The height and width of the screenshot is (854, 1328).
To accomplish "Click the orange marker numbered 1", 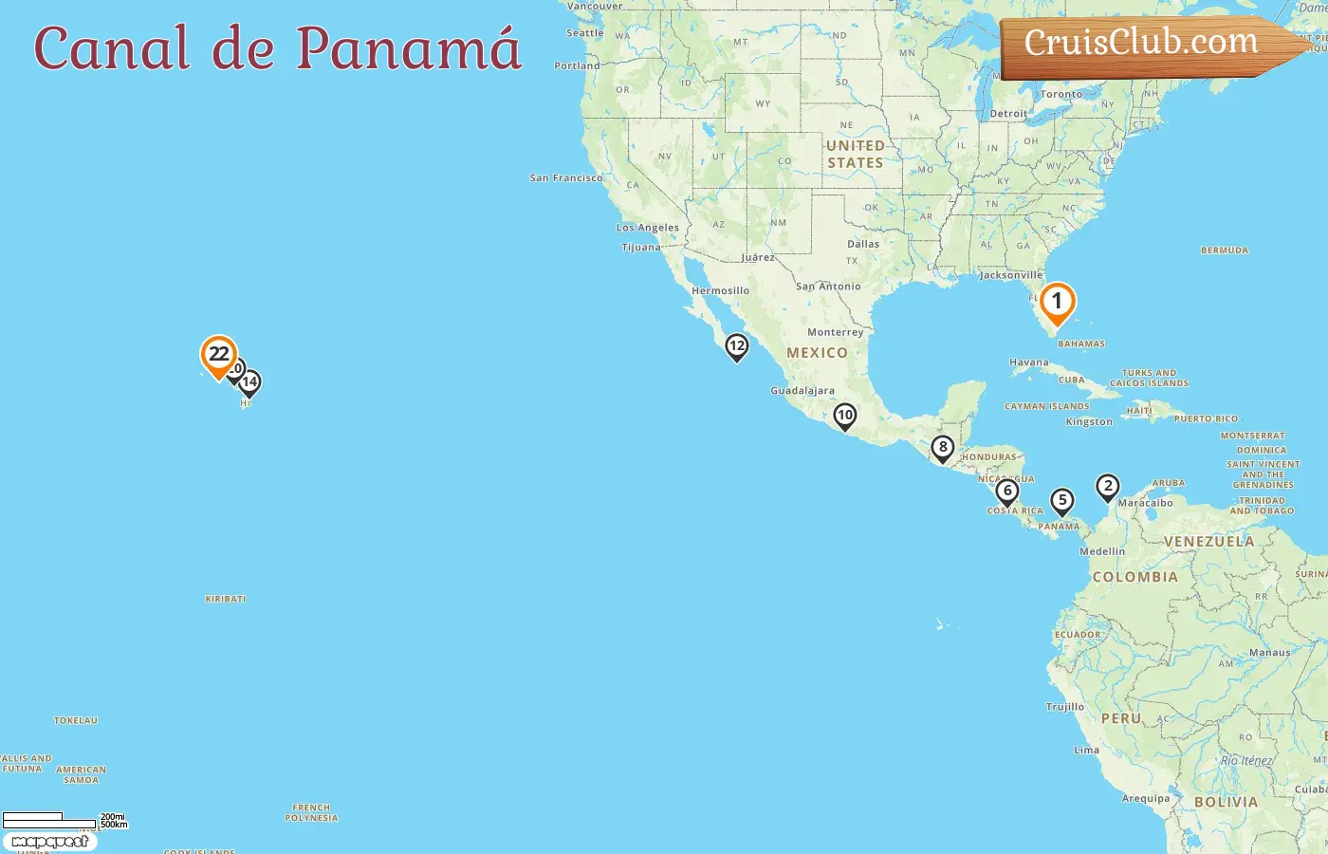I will pyautogui.click(x=1057, y=303).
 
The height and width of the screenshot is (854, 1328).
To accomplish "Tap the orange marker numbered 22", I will pyautogui.click(x=219, y=355).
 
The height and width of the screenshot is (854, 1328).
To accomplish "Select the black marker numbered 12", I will pyautogui.click(x=737, y=346).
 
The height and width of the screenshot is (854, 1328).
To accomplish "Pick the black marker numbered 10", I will pyautogui.click(x=844, y=416).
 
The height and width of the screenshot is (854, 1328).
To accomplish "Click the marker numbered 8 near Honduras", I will pyautogui.click(x=942, y=448).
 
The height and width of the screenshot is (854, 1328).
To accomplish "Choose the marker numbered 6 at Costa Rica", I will pyautogui.click(x=1007, y=492).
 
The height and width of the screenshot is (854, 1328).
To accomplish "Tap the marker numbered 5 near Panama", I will pyautogui.click(x=1062, y=501).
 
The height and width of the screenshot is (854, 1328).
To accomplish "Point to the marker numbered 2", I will pyautogui.click(x=1107, y=487).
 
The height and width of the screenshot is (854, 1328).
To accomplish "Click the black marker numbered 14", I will pyautogui.click(x=249, y=382).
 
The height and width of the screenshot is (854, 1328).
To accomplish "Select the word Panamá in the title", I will pyautogui.click(x=409, y=47).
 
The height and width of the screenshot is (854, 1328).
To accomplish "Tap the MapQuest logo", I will pyautogui.click(x=50, y=842).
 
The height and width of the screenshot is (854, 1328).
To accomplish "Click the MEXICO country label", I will pyautogui.click(x=817, y=353).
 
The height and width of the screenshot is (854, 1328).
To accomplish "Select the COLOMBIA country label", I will pyautogui.click(x=1134, y=577).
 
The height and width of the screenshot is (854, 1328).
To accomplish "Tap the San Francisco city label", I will pyautogui.click(x=566, y=177).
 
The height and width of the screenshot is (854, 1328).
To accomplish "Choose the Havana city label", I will pyautogui.click(x=1029, y=362).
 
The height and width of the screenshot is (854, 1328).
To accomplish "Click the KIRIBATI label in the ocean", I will pyautogui.click(x=226, y=599).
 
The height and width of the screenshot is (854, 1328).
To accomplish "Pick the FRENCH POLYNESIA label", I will pyautogui.click(x=311, y=813).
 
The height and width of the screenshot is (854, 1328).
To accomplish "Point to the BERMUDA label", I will pyautogui.click(x=1225, y=251).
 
